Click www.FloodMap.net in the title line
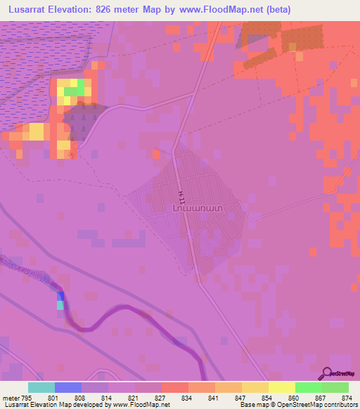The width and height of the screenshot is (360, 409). [x=217, y=9]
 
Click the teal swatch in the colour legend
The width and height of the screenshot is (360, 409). [x=41, y=387]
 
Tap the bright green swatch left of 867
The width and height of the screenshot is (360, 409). [x=308, y=387]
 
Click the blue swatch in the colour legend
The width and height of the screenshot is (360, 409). [x=68, y=387]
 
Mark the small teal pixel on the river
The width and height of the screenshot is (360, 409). [x=60, y=305]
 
